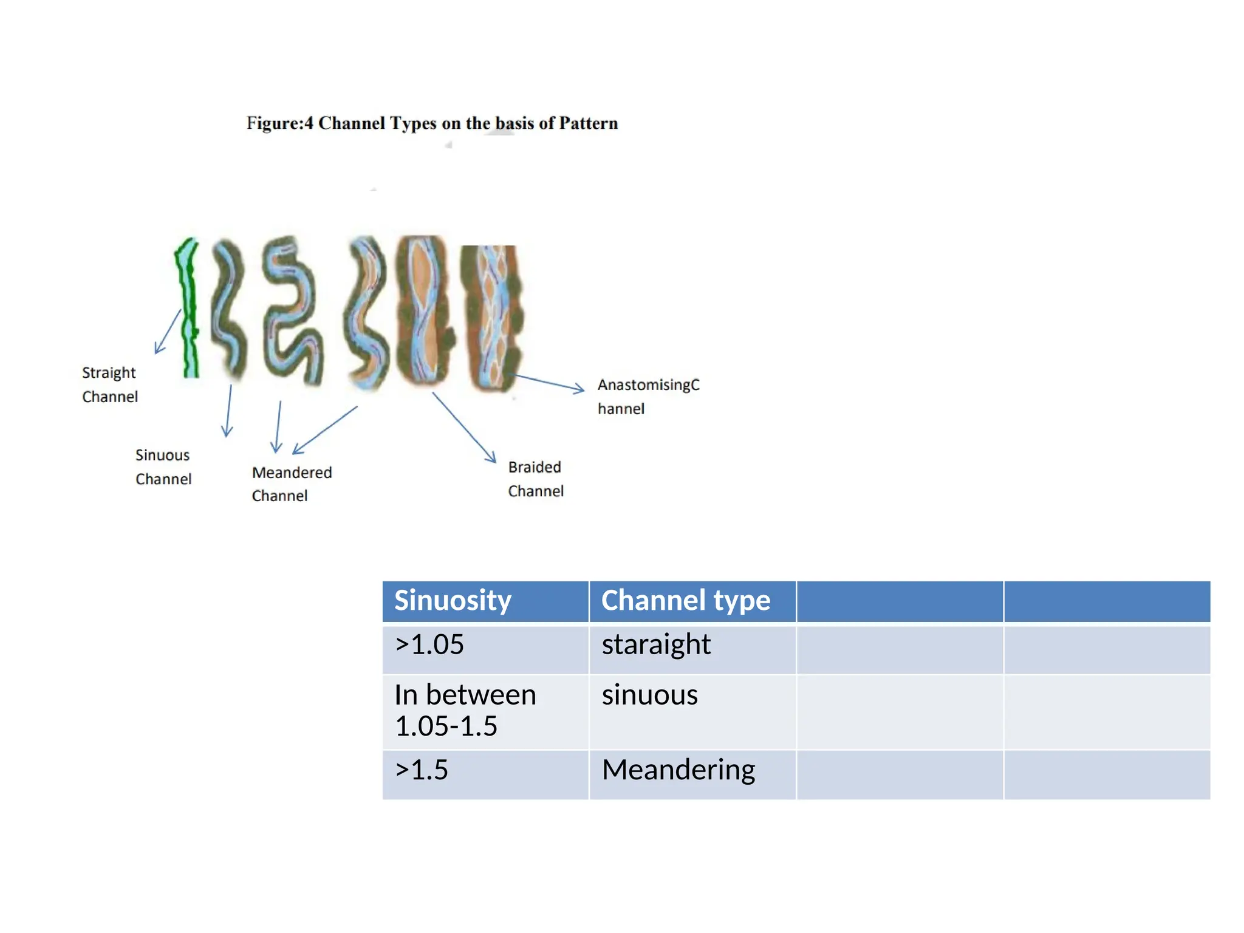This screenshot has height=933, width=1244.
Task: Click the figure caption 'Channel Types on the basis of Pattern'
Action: (x=432, y=123)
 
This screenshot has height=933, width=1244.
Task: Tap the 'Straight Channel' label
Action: (x=110, y=384)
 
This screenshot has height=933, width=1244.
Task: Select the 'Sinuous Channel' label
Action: (x=163, y=467)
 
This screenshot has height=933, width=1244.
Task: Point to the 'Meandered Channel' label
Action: (x=292, y=484)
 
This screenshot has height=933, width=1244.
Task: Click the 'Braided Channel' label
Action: (x=535, y=479)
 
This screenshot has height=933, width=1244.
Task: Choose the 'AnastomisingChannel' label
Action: (x=648, y=397)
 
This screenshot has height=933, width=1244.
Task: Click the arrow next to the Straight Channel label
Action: (x=168, y=332)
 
